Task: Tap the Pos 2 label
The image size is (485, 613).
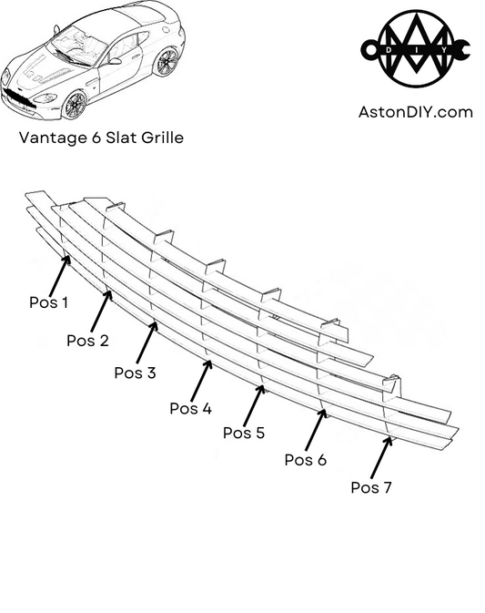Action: [x=87, y=341]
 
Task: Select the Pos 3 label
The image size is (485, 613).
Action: [x=135, y=372]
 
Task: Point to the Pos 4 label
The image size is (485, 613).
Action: [x=191, y=408]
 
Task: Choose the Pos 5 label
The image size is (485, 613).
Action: [x=244, y=433]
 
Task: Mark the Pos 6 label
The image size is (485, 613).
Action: [x=305, y=460]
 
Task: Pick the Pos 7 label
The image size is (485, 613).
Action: [x=371, y=487]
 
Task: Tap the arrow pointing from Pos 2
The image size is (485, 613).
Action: [x=101, y=311]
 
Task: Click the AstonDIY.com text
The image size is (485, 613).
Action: [x=416, y=112]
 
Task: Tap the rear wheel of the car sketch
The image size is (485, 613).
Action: [x=167, y=62]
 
